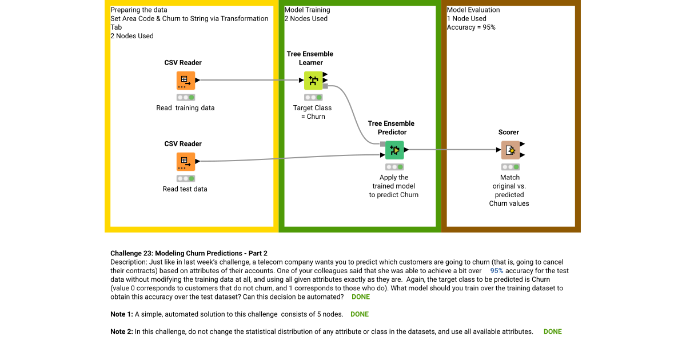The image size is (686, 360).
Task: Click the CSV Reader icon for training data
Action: (185, 81)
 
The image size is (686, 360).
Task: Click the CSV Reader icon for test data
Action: (185, 162)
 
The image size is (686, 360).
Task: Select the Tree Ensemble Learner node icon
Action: (313, 81)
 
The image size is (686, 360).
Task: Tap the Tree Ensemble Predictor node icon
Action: (394, 150)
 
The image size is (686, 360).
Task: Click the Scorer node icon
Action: (510, 150)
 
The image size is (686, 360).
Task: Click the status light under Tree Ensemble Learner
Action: (313, 97)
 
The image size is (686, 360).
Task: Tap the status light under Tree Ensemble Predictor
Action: (394, 167)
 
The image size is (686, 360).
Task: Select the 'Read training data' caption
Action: (185, 108)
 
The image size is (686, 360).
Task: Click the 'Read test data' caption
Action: (185, 189)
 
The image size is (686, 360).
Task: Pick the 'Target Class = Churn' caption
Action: (312, 112)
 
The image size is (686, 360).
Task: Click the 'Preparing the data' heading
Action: (139, 10)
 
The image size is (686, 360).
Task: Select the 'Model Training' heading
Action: (307, 10)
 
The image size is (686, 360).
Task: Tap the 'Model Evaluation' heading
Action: (473, 10)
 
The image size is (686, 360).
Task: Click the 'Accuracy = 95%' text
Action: (471, 27)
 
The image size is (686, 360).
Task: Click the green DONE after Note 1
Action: (359, 314)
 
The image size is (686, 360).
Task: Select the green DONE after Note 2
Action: (552, 331)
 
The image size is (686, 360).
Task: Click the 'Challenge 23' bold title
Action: (189, 253)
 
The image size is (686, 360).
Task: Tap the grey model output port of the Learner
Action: (325, 86)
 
